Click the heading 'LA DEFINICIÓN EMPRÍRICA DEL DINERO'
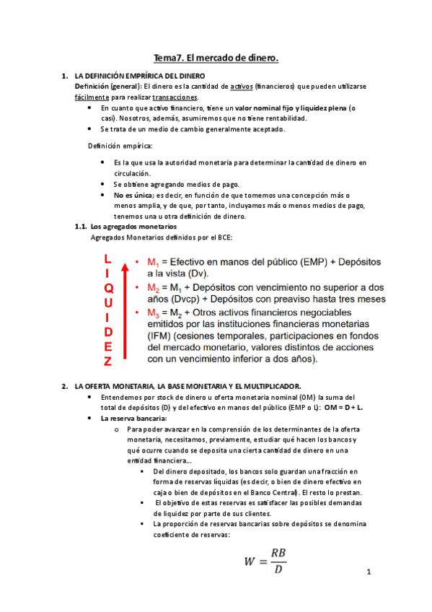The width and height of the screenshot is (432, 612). (x=140, y=76)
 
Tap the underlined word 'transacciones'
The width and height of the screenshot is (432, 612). (x=176, y=97)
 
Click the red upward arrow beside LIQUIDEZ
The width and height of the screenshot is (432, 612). (x=125, y=311)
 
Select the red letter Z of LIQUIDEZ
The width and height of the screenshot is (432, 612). (x=107, y=362)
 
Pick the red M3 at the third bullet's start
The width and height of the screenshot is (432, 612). (x=153, y=312)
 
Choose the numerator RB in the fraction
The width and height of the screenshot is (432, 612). (x=278, y=553)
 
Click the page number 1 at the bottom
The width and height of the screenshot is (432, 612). (x=368, y=573)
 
